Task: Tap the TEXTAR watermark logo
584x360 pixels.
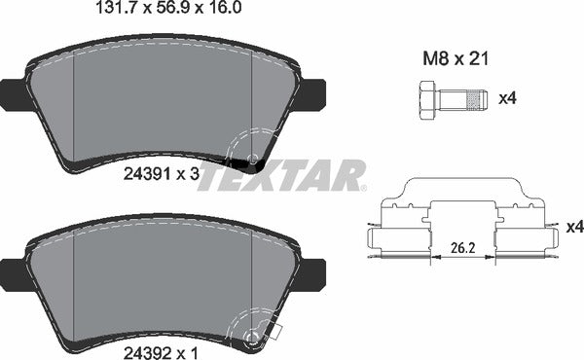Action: [281, 176]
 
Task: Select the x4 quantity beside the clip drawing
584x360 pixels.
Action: [572, 226]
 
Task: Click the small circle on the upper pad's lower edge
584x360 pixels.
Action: [253, 159]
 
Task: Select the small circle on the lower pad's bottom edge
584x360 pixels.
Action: [255, 338]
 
